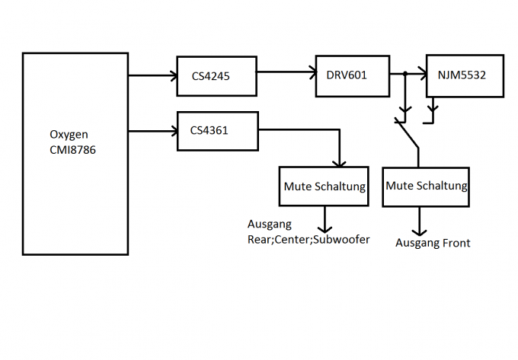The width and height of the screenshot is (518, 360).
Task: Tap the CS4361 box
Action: (217, 131)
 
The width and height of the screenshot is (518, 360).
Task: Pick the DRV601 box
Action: (352, 75)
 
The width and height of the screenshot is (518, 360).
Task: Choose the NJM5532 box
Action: (465, 75)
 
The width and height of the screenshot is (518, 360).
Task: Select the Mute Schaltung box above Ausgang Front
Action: (426, 186)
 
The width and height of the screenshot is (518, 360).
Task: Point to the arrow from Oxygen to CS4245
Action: (152, 75)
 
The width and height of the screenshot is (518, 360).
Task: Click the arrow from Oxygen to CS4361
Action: (152, 131)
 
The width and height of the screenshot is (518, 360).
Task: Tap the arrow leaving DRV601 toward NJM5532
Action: (408, 74)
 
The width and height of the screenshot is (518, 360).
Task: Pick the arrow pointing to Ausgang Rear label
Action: (327, 220)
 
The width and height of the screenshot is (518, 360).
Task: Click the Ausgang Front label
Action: (433, 244)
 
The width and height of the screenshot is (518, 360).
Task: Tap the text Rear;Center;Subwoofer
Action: (309, 240)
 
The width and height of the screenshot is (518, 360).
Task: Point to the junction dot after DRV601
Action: (405, 74)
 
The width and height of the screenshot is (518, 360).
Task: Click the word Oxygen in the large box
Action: (67, 135)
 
